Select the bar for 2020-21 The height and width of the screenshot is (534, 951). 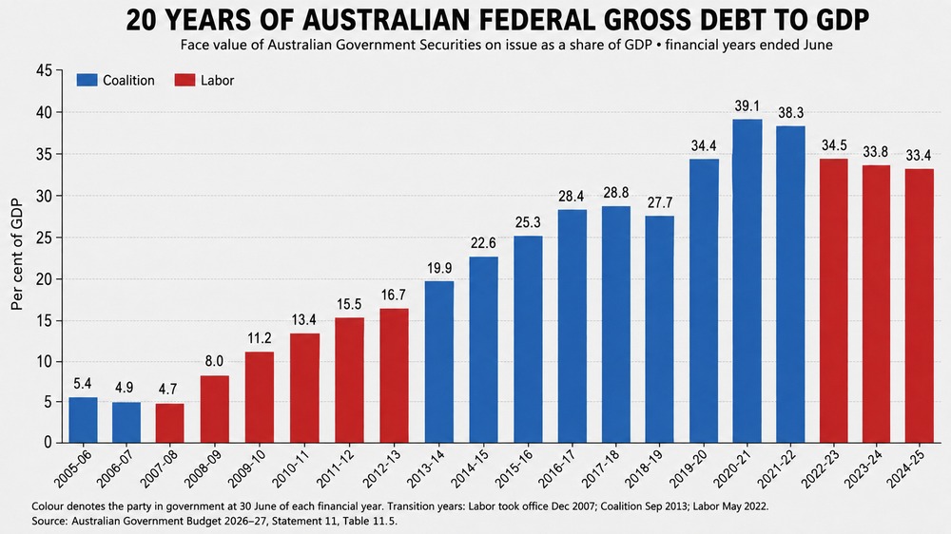click(x=747, y=280)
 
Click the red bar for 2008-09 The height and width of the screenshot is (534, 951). click(x=215, y=410)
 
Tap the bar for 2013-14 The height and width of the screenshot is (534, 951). click(x=439, y=362)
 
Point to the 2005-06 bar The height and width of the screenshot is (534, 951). click(x=83, y=420)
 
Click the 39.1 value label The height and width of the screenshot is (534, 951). click(x=747, y=106)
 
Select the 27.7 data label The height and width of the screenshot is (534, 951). click(x=660, y=202)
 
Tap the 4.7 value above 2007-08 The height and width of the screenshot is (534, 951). click(x=168, y=390)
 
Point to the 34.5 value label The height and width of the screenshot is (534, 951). click(x=834, y=146)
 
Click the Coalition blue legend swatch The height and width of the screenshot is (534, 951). click(x=87, y=80)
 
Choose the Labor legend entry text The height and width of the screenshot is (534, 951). click(x=217, y=81)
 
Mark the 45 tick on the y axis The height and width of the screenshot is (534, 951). click(x=45, y=71)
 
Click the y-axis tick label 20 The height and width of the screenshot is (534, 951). click(x=45, y=278)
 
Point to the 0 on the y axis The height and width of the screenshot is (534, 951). click(x=49, y=443)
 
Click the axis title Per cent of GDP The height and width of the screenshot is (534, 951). click(x=17, y=255)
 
